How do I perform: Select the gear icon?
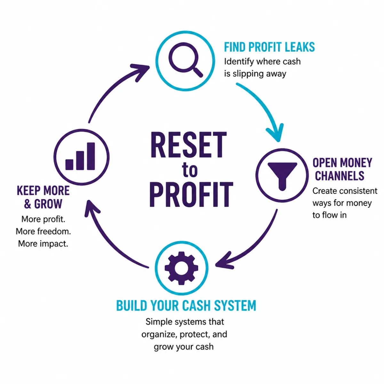pyautogui.click(x=181, y=268)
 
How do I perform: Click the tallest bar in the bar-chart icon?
pyautogui.click(x=91, y=156)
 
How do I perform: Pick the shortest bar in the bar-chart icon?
pyautogui.click(x=69, y=164)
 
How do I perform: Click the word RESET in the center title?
pyautogui.click(x=189, y=145)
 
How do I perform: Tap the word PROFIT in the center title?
pyautogui.click(x=191, y=195)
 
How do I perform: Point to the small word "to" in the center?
pyautogui.click(x=189, y=170)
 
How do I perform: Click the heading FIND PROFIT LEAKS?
pyautogui.click(x=269, y=47)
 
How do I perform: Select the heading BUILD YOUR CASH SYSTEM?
pyautogui.click(x=186, y=305)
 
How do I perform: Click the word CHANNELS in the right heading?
pyautogui.click(x=340, y=176)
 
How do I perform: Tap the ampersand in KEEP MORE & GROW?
pyautogui.click(x=28, y=204)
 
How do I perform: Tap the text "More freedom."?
pyautogui.click(x=43, y=231)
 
